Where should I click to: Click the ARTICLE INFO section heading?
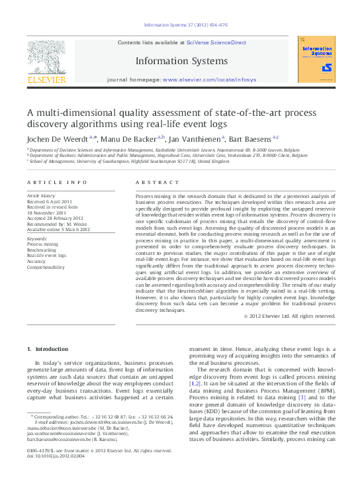[57, 182]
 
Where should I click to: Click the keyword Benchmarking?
[43, 250]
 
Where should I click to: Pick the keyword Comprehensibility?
[46, 268]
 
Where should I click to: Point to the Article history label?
[42, 197]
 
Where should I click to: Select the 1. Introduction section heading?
[47, 349]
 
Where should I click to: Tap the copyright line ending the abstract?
[290, 316]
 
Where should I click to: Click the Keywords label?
[38, 238]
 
